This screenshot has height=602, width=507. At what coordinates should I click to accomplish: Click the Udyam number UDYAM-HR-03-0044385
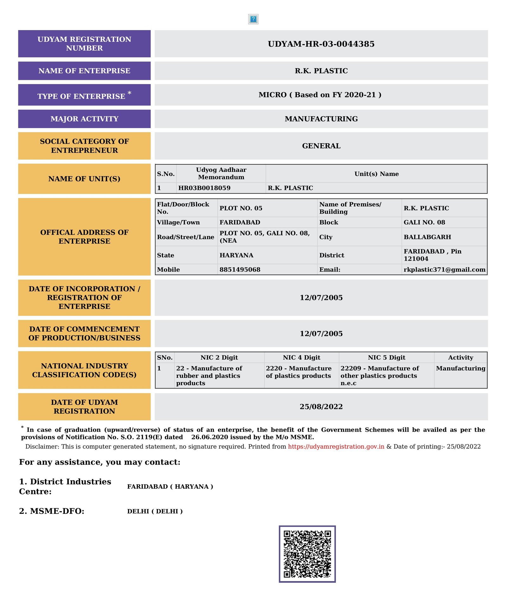[x=321, y=44]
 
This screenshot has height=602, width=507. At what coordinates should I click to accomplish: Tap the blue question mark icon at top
[x=253, y=19]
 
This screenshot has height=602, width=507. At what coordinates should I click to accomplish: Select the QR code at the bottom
[x=307, y=554]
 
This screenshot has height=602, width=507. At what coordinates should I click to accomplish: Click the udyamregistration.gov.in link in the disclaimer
[x=336, y=446]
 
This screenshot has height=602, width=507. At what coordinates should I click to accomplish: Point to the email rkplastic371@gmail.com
[x=444, y=269]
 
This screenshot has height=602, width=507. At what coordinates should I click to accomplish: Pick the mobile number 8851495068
[x=240, y=269]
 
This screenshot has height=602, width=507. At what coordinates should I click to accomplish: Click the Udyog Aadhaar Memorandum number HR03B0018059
[x=204, y=188]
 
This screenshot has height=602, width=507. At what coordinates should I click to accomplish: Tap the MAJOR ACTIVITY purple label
[x=84, y=119]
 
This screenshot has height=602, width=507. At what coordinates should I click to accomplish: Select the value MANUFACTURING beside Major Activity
[x=321, y=119]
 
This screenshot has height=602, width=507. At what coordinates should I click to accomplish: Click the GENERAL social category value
[x=321, y=146]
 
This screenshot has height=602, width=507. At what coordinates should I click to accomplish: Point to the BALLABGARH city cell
[x=427, y=237]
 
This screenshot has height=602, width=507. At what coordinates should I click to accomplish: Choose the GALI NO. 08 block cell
[x=424, y=222]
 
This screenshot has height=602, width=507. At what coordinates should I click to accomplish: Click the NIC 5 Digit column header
[x=386, y=358]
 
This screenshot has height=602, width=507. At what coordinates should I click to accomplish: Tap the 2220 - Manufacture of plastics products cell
[x=298, y=372]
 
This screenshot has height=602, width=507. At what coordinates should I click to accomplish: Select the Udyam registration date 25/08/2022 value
[x=321, y=407]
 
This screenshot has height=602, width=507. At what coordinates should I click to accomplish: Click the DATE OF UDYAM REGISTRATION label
[x=84, y=407]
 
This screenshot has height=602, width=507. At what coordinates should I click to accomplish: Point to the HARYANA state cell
[x=236, y=255]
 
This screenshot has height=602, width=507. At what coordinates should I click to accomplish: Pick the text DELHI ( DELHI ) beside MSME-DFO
[x=155, y=511]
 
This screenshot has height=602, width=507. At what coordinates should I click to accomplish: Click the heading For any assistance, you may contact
[x=99, y=462]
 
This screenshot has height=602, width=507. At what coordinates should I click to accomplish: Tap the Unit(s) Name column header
[x=376, y=174]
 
